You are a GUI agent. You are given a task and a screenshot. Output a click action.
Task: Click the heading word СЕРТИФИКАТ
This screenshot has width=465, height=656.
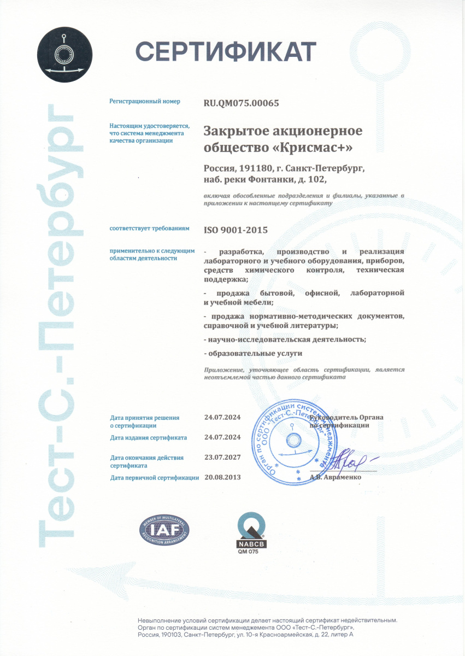click(226, 52)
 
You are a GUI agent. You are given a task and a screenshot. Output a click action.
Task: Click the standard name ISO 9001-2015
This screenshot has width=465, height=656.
click(236, 230)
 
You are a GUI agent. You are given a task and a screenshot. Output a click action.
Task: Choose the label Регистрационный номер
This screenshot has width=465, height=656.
click(145, 102)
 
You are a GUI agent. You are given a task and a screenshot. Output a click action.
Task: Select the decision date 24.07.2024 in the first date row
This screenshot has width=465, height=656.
click(222, 417)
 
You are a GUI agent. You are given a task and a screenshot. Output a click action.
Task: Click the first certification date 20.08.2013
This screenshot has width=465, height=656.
click(222, 477)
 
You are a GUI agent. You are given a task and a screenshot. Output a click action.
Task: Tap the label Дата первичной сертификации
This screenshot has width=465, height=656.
click(154, 477)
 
